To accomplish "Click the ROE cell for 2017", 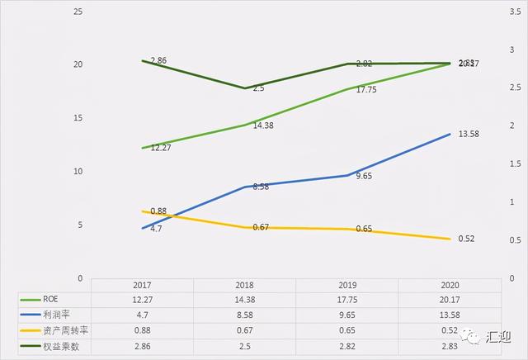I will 143,298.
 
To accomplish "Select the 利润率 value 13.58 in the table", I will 449,314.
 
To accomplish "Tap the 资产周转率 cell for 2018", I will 245,330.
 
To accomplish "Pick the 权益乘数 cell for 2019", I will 347,346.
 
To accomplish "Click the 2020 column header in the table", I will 449,283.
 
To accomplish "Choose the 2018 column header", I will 245,283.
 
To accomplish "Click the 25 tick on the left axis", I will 78,12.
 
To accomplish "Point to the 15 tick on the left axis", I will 78,118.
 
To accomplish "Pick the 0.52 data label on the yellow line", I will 466,239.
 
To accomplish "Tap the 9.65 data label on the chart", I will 364,177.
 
